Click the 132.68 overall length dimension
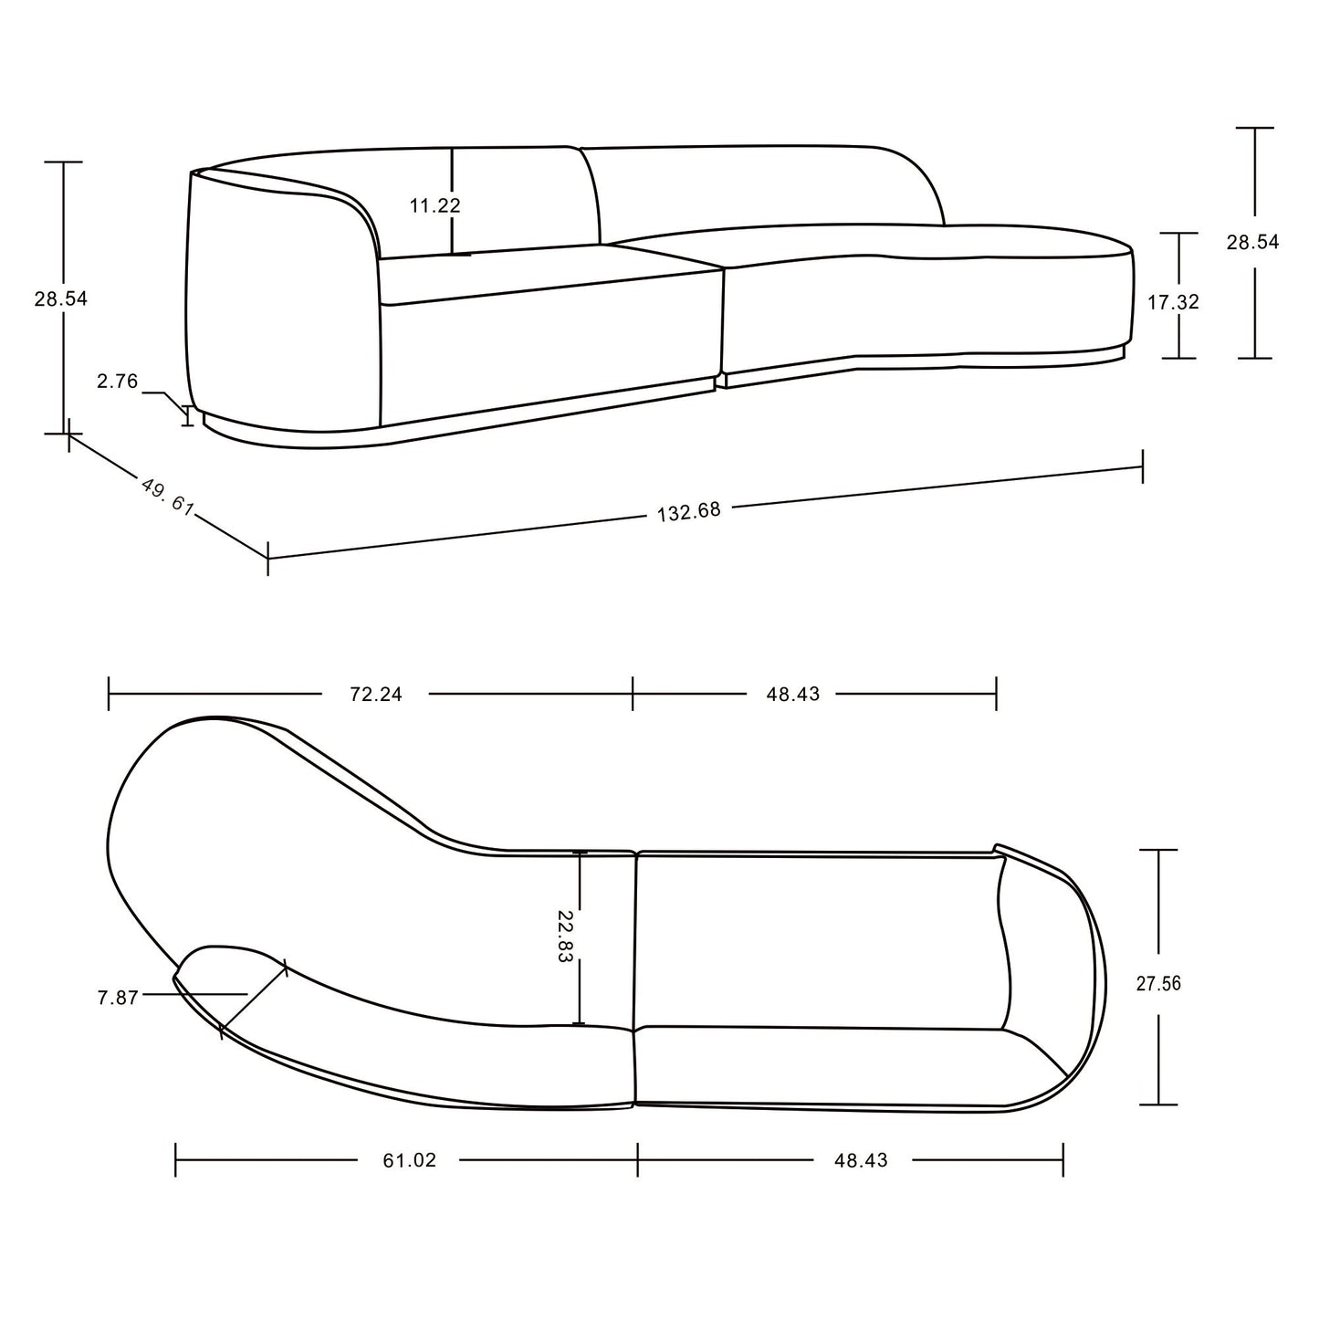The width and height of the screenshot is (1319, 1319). click(689, 511)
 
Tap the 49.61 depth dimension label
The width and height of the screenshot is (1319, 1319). click(168, 497)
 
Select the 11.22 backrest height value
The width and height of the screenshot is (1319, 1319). click(434, 205)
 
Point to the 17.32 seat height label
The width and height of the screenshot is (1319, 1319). click(1173, 302)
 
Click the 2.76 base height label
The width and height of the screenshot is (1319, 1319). click(117, 382)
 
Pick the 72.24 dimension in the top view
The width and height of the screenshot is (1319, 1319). click(375, 694)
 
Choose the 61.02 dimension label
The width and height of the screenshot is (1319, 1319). click(409, 1160)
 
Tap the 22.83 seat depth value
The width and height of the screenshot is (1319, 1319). click(566, 938)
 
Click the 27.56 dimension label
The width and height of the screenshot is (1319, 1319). click(1158, 983)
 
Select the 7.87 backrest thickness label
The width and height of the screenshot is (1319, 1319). click(117, 998)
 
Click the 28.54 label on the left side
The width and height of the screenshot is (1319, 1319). click(61, 298)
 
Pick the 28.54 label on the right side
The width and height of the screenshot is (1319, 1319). click(1252, 242)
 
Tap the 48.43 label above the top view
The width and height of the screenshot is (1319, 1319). click(792, 694)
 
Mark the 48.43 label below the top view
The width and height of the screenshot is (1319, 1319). click(860, 1160)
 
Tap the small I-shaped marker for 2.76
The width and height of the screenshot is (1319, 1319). click(189, 415)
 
